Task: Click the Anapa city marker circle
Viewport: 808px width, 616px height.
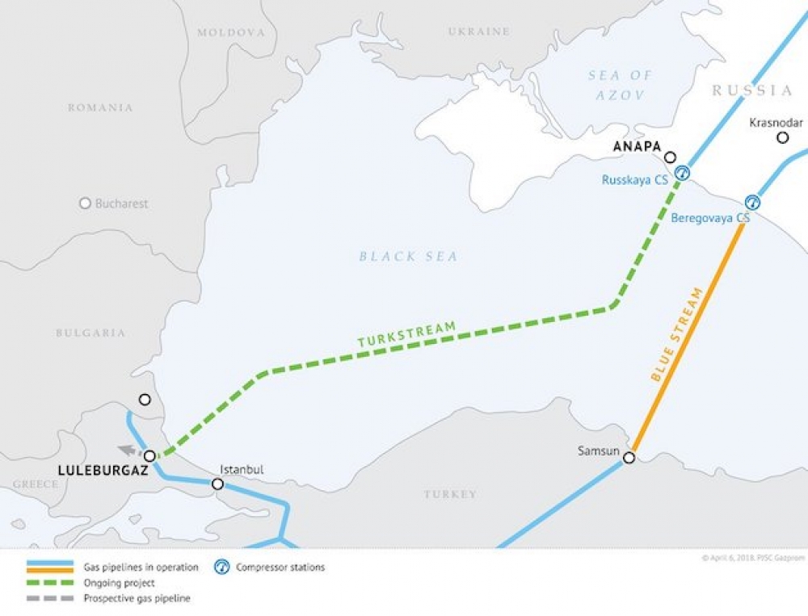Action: [670, 157]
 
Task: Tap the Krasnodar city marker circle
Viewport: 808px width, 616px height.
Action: [782, 138]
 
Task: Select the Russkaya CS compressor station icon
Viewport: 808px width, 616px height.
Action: [683, 172]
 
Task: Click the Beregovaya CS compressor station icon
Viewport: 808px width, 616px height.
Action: [752, 202]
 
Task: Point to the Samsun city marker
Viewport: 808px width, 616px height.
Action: [629, 458]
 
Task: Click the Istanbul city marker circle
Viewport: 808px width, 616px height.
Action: [217, 484]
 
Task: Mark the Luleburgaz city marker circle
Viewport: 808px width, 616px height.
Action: [149, 456]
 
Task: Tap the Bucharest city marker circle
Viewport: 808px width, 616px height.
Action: [85, 203]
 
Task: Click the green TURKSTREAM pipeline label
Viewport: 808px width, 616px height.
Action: [406, 334]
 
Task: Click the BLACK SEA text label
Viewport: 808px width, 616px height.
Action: [408, 257]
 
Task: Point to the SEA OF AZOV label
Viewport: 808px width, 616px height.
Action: [620, 85]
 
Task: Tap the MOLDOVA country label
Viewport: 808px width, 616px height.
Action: [231, 32]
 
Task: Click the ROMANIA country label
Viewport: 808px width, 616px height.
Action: [100, 107]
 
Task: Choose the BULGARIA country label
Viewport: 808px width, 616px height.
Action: [90, 333]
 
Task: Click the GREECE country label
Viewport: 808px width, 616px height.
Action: [35, 484]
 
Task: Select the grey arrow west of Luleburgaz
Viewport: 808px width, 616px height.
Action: [127, 450]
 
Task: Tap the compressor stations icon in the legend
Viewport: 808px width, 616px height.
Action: [222, 568]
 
